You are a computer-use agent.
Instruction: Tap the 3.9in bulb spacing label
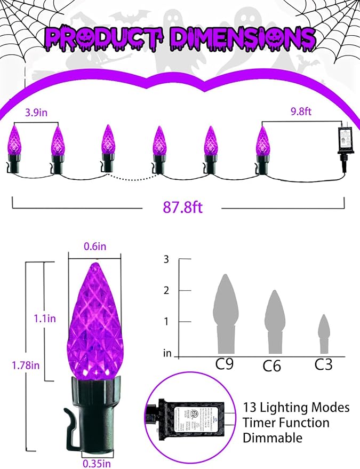pyautogui.click(x=35, y=114)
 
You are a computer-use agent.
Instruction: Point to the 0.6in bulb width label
pyautogui.click(x=94, y=247)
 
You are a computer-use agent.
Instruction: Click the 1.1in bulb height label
pyautogui.click(x=42, y=319)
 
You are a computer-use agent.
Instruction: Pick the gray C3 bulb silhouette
pyautogui.click(x=324, y=334)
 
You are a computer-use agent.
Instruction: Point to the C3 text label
pyautogui.click(x=323, y=364)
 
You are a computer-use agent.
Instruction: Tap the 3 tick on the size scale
pyautogui.click(x=166, y=260)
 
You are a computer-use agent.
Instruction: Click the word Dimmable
pyautogui.click(x=273, y=438)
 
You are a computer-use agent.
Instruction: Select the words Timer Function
pyautogui.click(x=286, y=423)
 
